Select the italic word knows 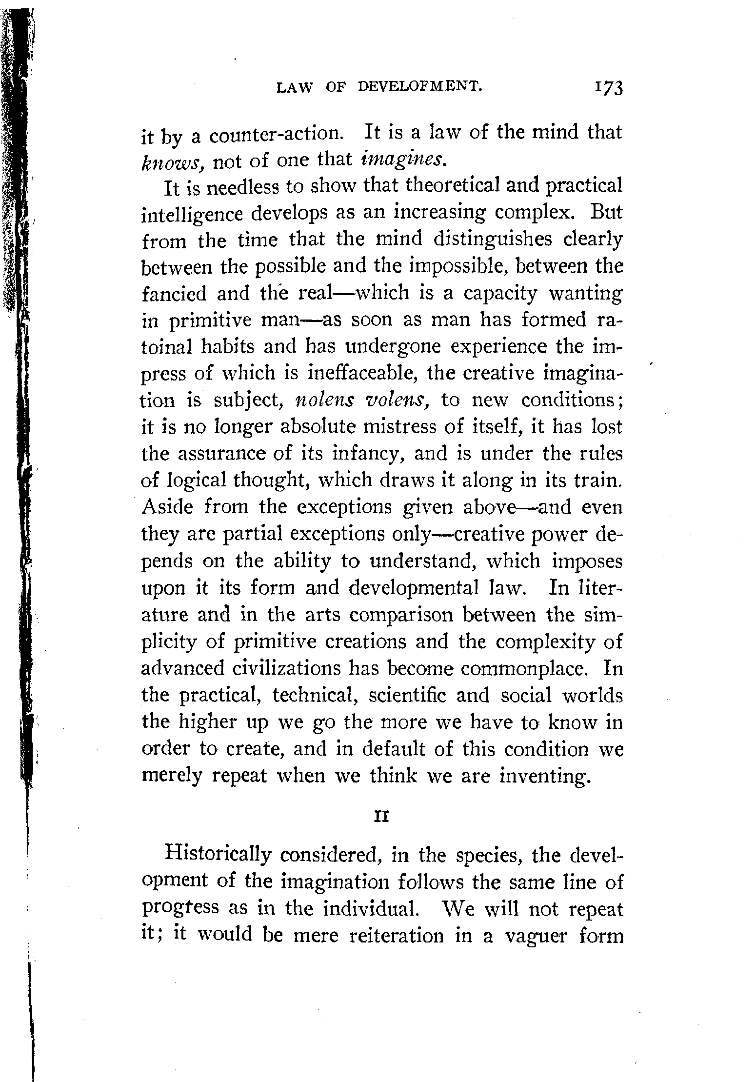[170, 160]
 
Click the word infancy [368, 454]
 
